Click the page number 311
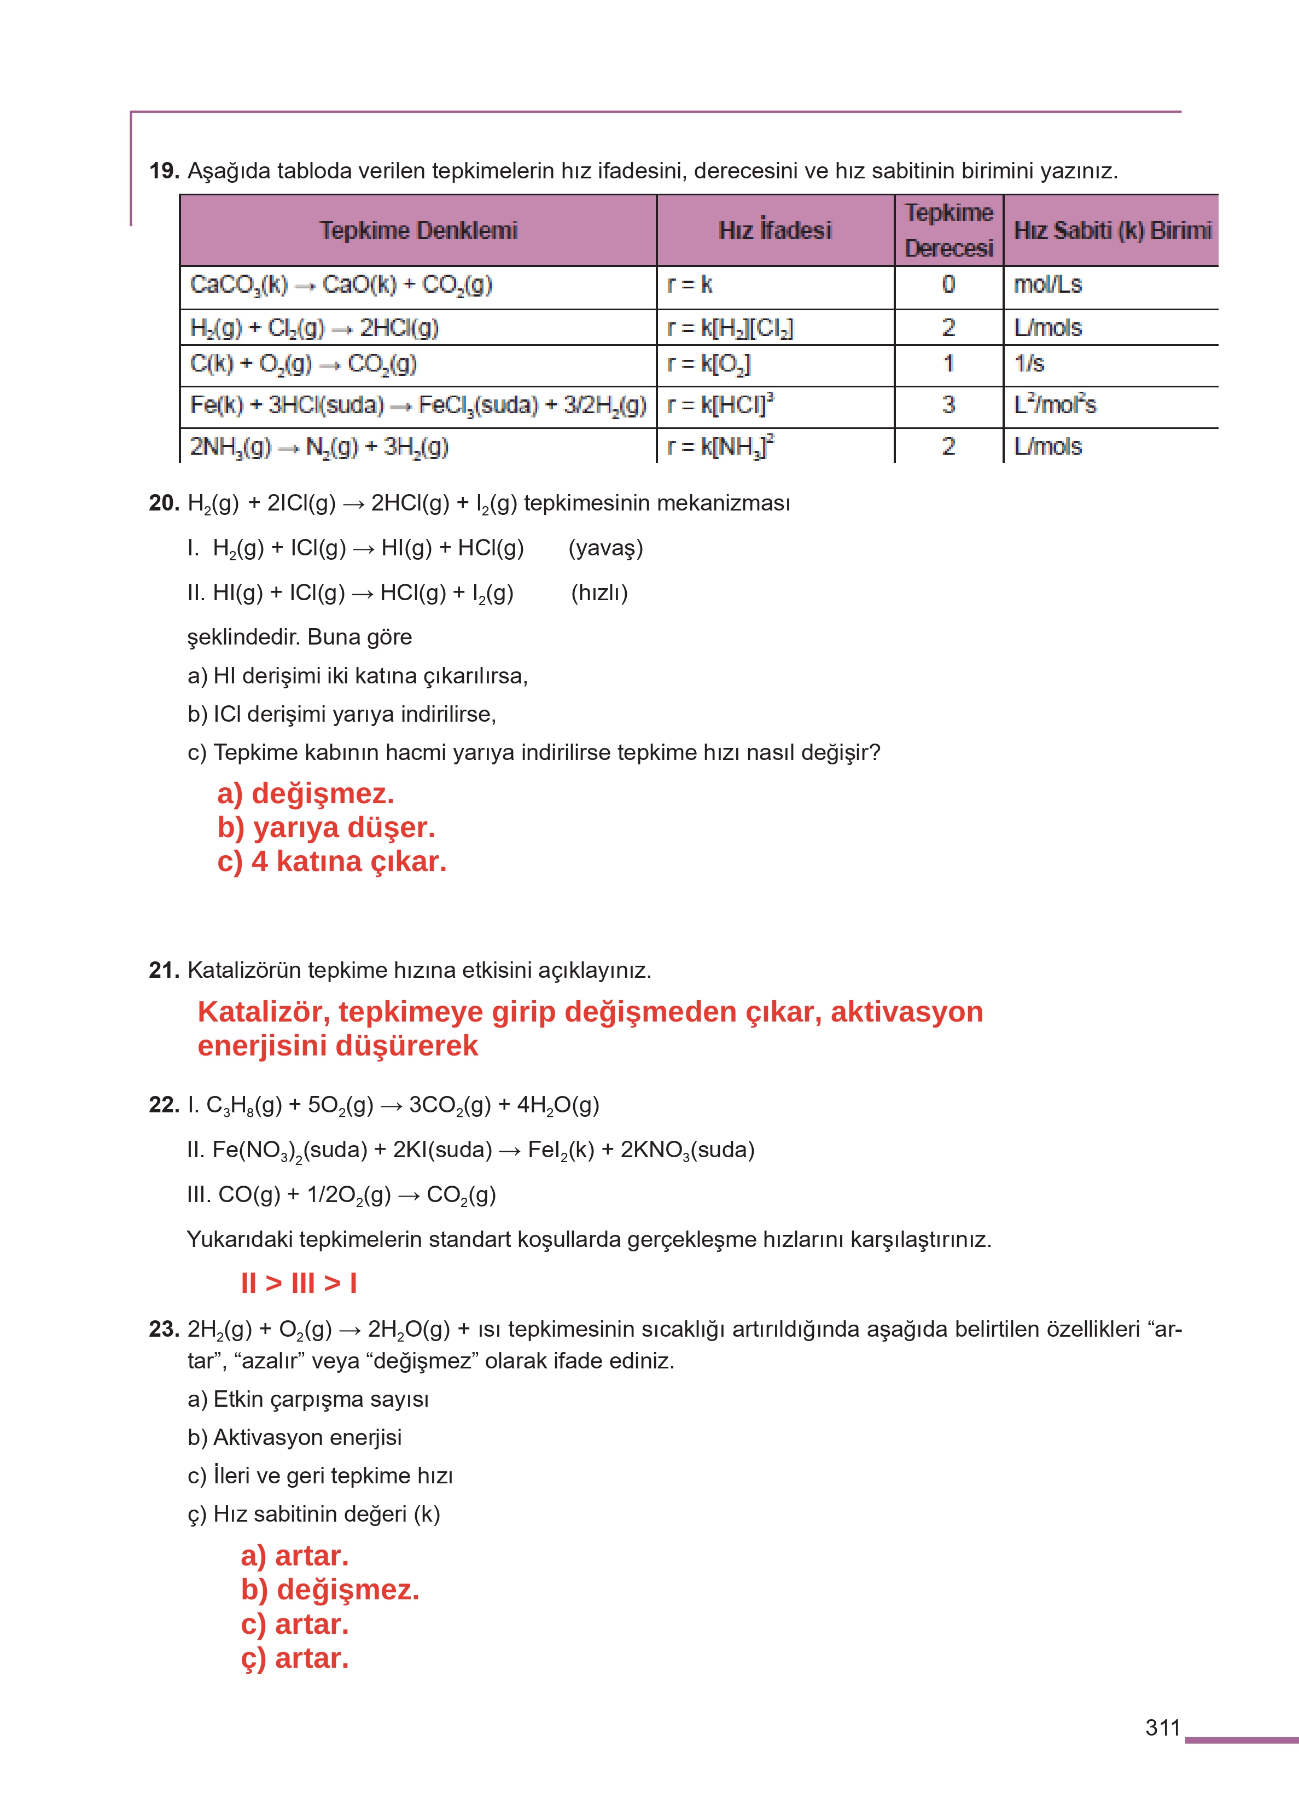point(1162,1727)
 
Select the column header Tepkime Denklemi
point(418,230)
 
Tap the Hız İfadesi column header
point(774,230)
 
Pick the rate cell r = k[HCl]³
point(720,405)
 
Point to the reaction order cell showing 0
point(948,285)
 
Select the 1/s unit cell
point(1029,364)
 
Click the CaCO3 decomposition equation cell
point(341,285)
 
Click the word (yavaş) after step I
point(605,548)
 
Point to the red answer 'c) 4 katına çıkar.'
point(331,862)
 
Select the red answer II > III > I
point(298,1283)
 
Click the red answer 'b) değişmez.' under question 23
point(330,1589)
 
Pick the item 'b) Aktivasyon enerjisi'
point(294,1437)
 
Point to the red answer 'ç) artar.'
point(294,1658)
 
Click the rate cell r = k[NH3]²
point(720,446)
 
